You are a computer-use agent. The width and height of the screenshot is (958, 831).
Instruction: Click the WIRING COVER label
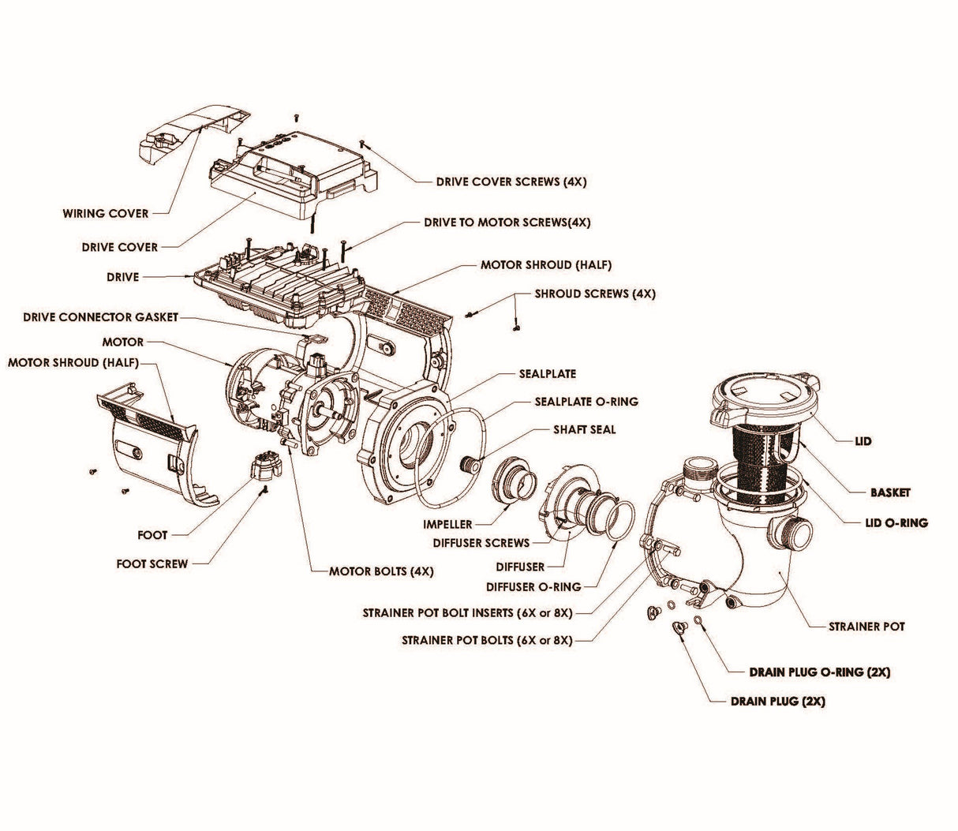click(x=105, y=214)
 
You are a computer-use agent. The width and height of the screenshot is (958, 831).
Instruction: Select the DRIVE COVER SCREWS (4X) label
click(x=511, y=182)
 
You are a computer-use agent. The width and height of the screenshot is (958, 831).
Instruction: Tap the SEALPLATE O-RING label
click(x=586, y=402)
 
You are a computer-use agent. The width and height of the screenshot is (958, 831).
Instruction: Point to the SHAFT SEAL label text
click(x=585, y=430)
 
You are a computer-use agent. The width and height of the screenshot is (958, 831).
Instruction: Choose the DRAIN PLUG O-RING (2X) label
click(x=819, y=672)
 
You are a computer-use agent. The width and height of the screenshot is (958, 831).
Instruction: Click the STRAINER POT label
click(x=866, y=627)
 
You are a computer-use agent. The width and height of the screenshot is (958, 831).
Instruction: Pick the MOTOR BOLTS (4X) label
click(x=381, y=571)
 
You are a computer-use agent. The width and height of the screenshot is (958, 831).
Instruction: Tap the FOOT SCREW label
click(x=152, y=564)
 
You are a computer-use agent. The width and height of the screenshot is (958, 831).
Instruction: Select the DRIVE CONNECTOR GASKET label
click(x=100, y=317)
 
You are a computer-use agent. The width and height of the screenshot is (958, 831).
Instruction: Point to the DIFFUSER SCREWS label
click(x=481, y=543)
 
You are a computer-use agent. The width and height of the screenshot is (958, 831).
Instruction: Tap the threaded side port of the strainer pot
click(x=792, y=536)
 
